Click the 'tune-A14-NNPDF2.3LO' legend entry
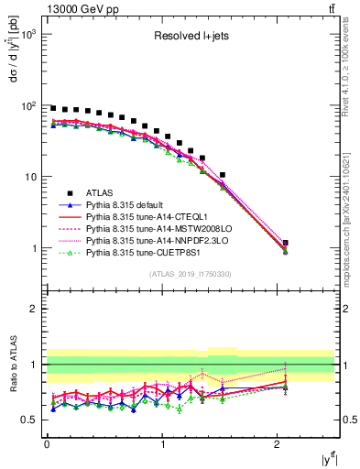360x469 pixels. coord(158,244)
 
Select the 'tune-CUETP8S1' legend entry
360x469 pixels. coord(147,256)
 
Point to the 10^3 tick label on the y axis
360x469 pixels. coord(28,34)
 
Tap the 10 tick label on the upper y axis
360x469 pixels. coord(32,177)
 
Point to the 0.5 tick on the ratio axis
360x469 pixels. coord(30,420)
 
